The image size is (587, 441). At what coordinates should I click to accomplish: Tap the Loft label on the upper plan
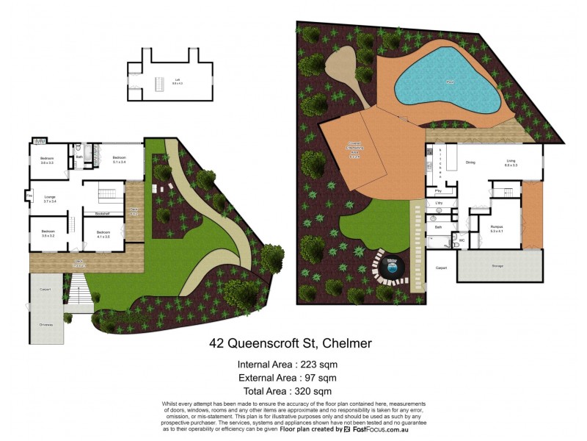click(x=176, y=80)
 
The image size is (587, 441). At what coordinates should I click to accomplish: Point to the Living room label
click(x=511, y=163)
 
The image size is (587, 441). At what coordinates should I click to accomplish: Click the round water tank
click(x=392, y=268)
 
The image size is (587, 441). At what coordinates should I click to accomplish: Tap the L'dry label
click(x=439, y=202)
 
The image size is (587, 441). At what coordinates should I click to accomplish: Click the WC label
click(x=462, y=240)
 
